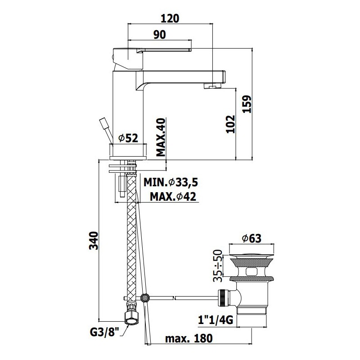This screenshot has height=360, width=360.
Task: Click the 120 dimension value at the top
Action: click(x=170, y=18)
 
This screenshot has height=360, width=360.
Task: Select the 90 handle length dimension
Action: click(x=160, y=35)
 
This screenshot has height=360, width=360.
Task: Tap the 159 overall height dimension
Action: click(x=247, y=104)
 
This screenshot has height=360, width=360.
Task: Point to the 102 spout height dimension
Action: click(x=230, y=124)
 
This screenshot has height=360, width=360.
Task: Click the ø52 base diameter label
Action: click(x=128, y=138)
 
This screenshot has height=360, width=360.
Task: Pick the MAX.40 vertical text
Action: click(x=161, y=137)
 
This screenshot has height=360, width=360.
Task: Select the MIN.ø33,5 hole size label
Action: click(x=171, y=183)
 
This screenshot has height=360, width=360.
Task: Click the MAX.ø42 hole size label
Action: click(x=173, y=197)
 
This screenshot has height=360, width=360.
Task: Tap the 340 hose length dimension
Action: click(x=94, y=241)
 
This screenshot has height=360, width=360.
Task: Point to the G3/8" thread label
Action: click(x=104, y=332)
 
